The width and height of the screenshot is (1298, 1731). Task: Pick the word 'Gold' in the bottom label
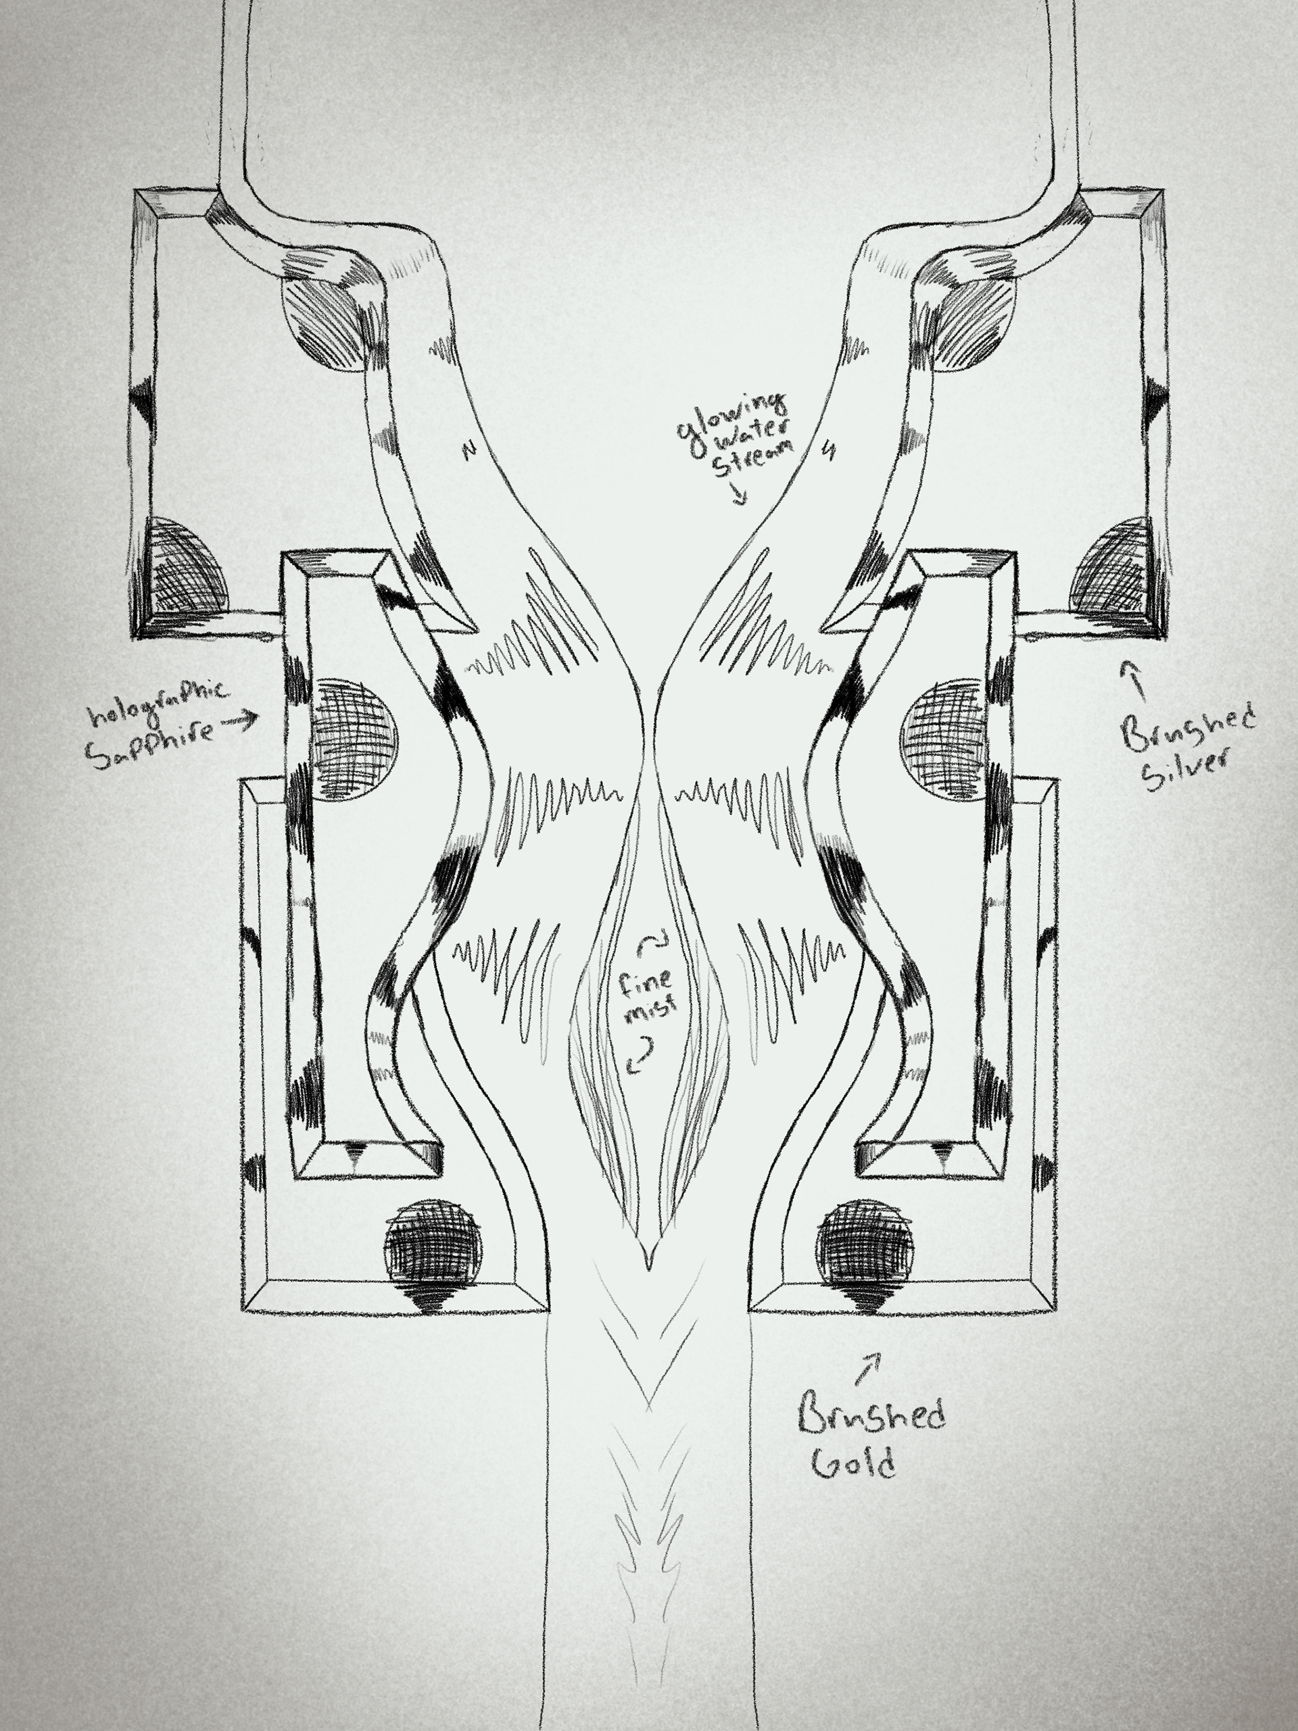coord(852,1461)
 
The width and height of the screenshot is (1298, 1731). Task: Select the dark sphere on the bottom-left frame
coord(431,1252)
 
